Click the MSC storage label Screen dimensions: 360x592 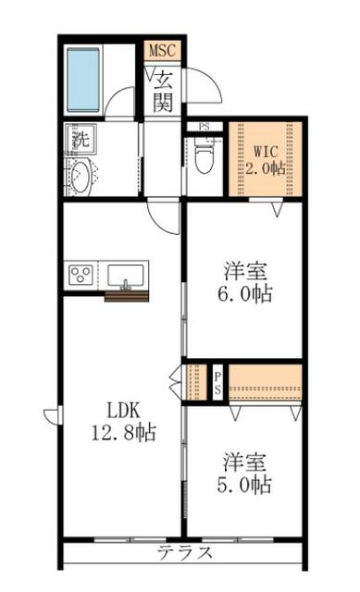tap(162, 50)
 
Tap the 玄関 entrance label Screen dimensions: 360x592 tap(163, 92)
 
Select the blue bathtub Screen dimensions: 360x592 tap(83, 80)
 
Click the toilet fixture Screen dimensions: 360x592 tap(204, 155)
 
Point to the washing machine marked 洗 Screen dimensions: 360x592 tap(81, 138)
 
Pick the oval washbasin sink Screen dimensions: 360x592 tap(81, 177)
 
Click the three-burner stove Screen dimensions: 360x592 tap(81, 275)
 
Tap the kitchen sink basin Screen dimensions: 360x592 tap(126, 276)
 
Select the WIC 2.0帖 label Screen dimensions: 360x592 tap(266, 159)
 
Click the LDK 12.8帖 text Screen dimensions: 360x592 tap(123, 421)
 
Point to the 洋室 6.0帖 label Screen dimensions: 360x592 tap(245, 282)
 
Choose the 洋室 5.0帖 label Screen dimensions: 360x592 tap(244, 473)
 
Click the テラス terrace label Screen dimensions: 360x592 tap(185, 553)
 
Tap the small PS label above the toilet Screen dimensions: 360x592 tap(204, 127)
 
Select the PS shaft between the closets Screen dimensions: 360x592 tap(217, 383)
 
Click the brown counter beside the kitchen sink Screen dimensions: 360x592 tap(127, 296)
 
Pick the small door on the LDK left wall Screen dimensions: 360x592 tap(52, 415)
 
